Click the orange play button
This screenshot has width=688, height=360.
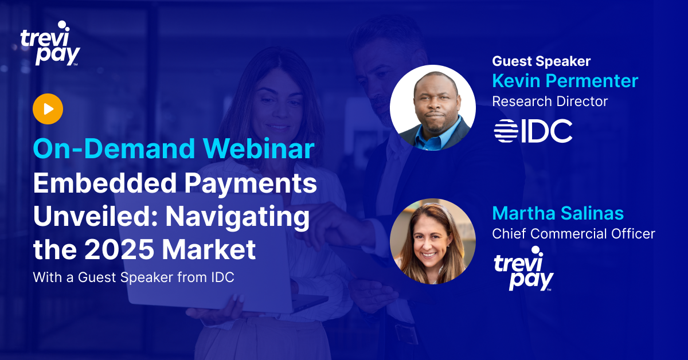coord(48,109)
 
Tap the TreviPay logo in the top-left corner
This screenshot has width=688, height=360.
coord(50,44)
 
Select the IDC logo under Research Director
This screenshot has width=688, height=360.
coord(533,131)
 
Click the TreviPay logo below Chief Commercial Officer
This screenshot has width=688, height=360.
coord(523,268)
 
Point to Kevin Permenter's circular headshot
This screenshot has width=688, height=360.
coord(433,108)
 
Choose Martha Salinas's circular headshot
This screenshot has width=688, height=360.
coord(433,241)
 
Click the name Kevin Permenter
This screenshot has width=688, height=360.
coord(565,81)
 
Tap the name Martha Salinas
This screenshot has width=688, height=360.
coord(558,213)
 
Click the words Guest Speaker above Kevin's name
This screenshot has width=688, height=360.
coord(541,61)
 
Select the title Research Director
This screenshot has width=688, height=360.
coord(550,101)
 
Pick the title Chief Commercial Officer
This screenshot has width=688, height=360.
coord(573,234)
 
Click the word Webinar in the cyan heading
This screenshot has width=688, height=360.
coord(259,148)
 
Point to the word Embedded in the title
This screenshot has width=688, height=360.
coord(105,183)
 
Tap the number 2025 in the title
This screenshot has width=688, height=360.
coord(119,249)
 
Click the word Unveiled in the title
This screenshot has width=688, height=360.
coord(96,216)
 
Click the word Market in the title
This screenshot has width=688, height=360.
coord(209,249)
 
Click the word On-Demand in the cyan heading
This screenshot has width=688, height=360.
coord(114,148)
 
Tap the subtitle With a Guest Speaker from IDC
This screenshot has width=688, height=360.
coord(134,277)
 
